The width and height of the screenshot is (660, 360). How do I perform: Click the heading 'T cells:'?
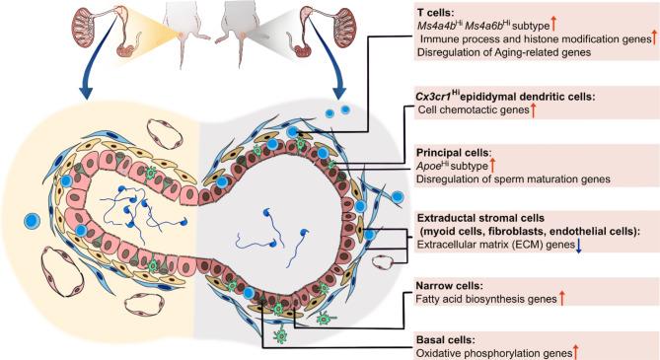pyautogui.click(x=447, y=11)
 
